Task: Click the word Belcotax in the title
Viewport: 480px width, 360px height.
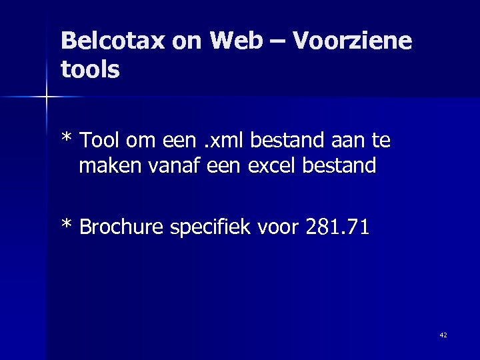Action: [x=113, y=41]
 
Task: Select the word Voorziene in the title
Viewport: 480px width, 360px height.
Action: [x=351, y=41]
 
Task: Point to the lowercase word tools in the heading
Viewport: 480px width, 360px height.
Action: [x=90, y=69]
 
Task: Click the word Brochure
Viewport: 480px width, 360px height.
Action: [x=122, y=227]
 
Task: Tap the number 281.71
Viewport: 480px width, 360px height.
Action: [x=337, y=227]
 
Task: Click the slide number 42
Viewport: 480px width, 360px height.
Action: [x=443, y=335]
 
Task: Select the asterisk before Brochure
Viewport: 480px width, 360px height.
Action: [x=66, y=226]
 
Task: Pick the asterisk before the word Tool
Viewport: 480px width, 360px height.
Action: [x=66, y=139]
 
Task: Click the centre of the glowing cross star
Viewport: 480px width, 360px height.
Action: [x=46, y=97]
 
